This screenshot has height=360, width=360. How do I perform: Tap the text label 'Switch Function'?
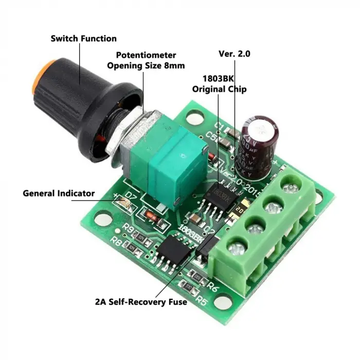tap(83, 39)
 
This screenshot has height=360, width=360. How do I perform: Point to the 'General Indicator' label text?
tap(59, 193)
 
